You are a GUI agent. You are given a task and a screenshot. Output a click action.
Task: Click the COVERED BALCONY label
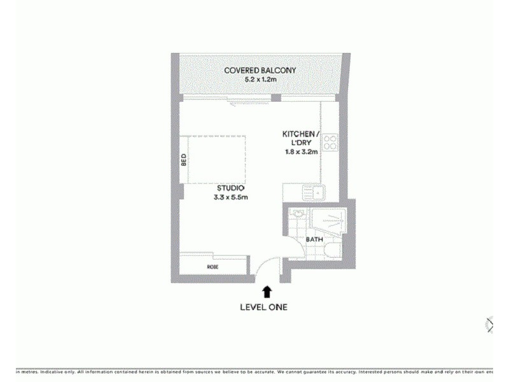tap(260, 70)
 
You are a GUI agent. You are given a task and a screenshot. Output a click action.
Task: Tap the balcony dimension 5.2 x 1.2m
tap(260, 80)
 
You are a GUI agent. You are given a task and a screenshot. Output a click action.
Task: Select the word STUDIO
tap(230, 188)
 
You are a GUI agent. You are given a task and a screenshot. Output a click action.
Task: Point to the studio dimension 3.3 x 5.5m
tap(230, 197)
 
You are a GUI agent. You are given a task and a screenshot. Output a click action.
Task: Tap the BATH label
tap(314, 240)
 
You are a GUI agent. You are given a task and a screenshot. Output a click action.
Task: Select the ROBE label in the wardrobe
tap(213, 267)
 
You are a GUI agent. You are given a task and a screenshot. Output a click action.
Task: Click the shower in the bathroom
tap(332, 223)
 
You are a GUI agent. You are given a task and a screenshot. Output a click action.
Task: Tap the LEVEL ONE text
tap(263, 307)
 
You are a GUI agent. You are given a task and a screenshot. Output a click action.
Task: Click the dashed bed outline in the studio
tap(216, 159)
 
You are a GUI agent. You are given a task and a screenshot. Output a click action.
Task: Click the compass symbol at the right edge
tap(489, 325)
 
